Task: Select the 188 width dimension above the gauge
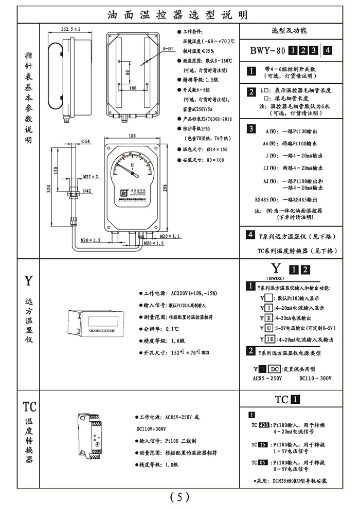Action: click(x=133, y=136)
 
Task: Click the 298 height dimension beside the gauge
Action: click(x=165, y=187)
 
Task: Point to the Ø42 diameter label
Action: click(x=87, y=191)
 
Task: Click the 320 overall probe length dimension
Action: click(x=50, y=190)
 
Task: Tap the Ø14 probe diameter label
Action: click(x=85, y=141)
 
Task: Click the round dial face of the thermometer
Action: click(x=133, y=165)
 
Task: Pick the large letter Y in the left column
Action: click(x=29, y=280)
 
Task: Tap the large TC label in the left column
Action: click(x=29, y=407)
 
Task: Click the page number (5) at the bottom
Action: click(x=179, y=497)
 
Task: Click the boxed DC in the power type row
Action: click(x=275, y=369)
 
